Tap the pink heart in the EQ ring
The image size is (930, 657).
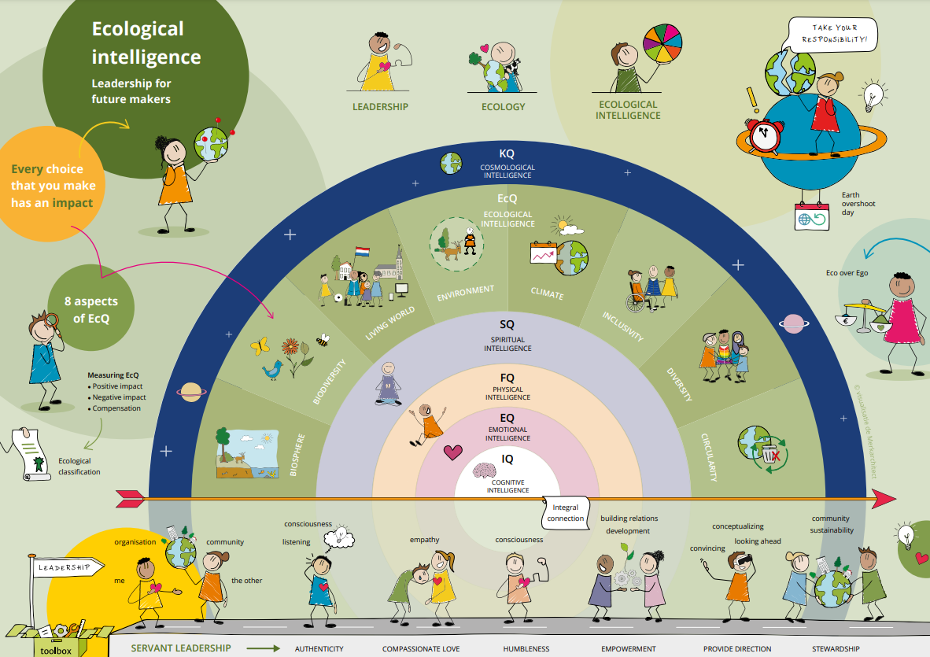pyautogui.click(x=452, y=452)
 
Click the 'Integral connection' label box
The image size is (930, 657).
pyautogui.click(x=565, y=513)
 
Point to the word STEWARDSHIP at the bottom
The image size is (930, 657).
pyautogui.click(x=835, y=649)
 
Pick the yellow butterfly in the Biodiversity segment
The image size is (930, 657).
pyautogui.click(x=260, y=345)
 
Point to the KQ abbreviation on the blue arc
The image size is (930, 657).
pyautogui.click(x=507, y=154)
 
